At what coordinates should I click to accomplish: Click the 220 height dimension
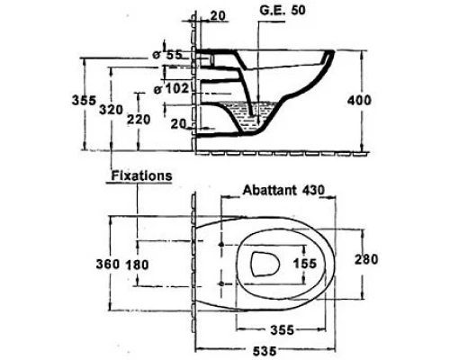pyautogui.click(x=138, y=119)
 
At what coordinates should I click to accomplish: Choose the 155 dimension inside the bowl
pyautogui.click(x=305, y=264)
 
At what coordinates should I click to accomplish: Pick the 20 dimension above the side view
pyautogui.click(x=217, y=16)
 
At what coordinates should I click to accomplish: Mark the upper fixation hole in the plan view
pyautogui.click(x=220, y=243)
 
